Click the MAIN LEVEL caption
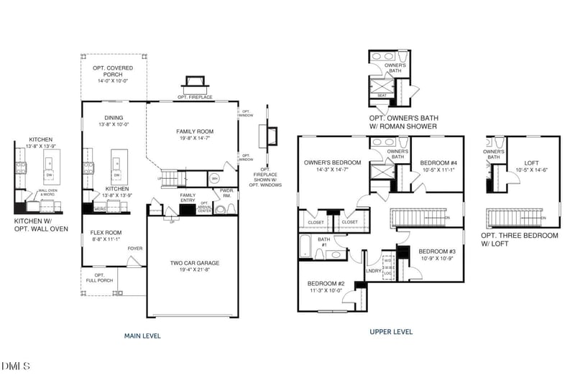[142, 336]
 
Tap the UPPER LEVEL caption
[391, 332]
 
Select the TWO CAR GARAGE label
[195, 263]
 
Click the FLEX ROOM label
[106, 233]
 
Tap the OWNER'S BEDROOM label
[332, 162]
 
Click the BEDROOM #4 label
[438, 163]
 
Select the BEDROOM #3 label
[437, 252]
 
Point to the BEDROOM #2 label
[326, 284]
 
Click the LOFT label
[532, 163]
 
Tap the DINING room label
[113, 118]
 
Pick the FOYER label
[135, 249]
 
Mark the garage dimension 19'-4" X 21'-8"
[195, 270]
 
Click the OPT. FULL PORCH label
[100, 277]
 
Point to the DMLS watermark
[16, 367]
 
